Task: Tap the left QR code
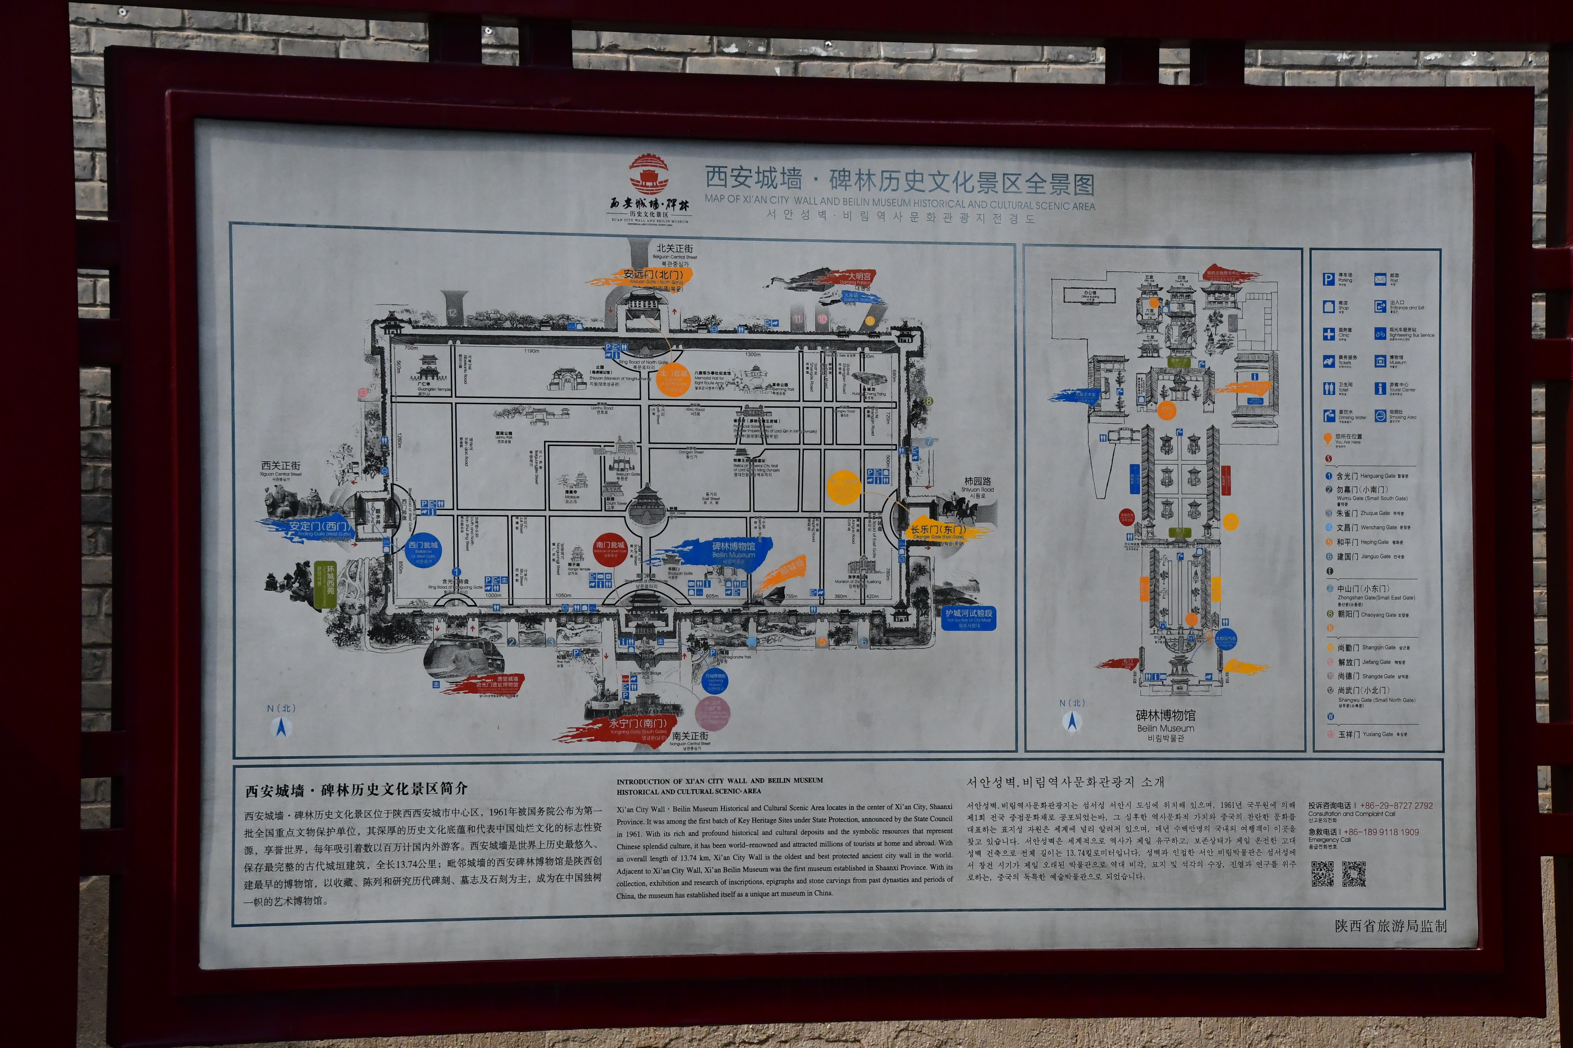click(1322, 874)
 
